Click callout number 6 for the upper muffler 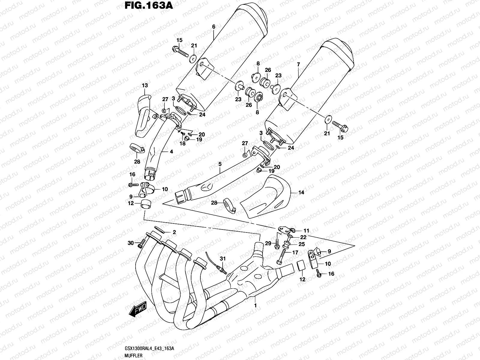pos(214,27)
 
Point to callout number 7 pos(298,64)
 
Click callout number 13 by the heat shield pos(145,86)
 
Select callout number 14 pos(301,193)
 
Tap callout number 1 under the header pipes pos(256,306)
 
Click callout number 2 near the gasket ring pos(174,232)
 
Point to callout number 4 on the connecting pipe pos(171,152)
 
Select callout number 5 pos(220,164)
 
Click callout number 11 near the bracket pos(306,231)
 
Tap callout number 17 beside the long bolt pos(295,253)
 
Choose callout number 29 pos(268,243)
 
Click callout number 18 pos(182,143)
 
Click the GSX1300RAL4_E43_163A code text pos(149,348)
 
